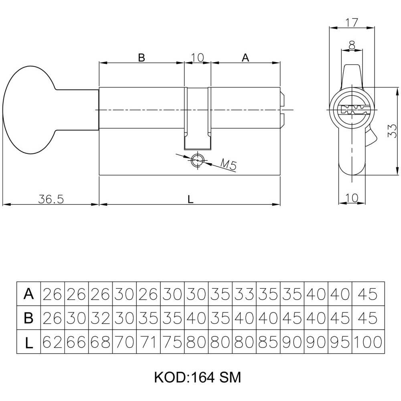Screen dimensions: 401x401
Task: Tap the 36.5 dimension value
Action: (51, 199)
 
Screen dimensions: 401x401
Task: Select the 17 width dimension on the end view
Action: (352, 22)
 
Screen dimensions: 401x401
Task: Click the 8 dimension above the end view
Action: (352, 45)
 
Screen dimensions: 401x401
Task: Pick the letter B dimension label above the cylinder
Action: (141, 58)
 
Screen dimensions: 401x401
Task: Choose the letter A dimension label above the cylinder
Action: (245, 58)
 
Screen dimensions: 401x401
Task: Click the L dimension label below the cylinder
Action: (190, 199)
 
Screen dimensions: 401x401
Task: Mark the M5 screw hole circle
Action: (197, 160)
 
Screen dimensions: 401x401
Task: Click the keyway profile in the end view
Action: (352, 109)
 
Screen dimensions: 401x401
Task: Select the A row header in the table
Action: (28, 294)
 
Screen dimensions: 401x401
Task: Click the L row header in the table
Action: (28, 342)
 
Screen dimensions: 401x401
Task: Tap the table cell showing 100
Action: (367, 342)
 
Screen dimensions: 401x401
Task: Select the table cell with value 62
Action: (53, 342)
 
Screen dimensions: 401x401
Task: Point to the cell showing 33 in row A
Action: (244, 294)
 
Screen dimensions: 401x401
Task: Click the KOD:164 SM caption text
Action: (197, 377)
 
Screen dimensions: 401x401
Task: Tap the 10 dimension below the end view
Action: (352, 197)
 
